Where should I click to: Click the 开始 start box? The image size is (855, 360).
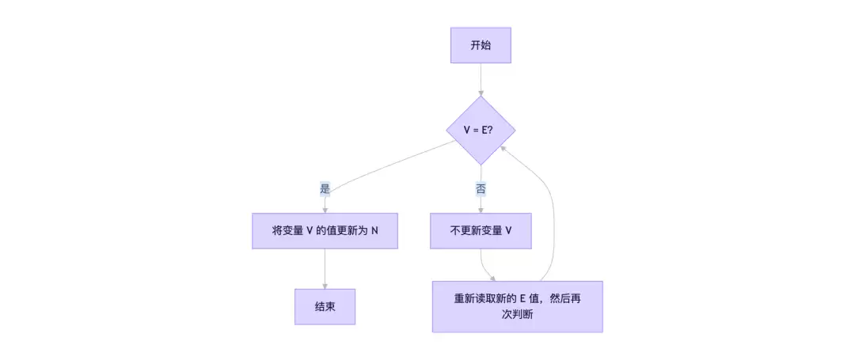481,45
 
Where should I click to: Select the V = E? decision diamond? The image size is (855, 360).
481,131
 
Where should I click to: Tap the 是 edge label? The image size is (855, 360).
325,188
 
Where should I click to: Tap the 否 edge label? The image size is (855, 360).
481,188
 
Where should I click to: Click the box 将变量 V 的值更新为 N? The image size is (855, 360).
325,231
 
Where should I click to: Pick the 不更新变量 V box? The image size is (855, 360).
481,231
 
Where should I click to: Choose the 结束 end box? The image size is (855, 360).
325,306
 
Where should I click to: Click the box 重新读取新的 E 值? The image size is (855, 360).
517,306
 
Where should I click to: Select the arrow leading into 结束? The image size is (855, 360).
325,269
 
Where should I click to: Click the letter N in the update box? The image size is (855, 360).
374,231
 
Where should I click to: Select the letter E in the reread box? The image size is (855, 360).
522,298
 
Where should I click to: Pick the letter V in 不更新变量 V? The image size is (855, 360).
508,231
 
